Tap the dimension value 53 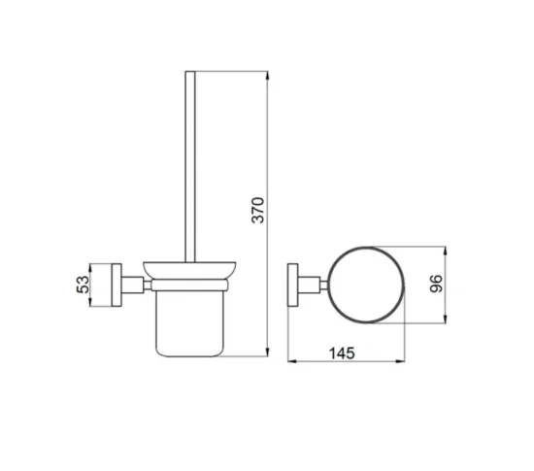(83, 284)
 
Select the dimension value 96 (438, 284)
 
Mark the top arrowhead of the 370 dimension (268, 74)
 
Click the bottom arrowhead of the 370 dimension (268, 353)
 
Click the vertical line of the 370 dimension (268, 146)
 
